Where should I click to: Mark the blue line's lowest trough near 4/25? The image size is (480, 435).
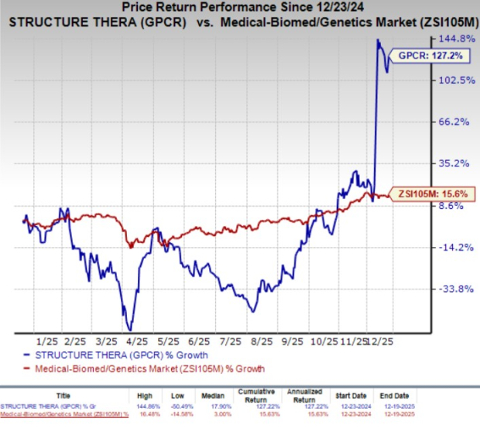[129, 330]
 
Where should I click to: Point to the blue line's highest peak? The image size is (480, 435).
[377, 39]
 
